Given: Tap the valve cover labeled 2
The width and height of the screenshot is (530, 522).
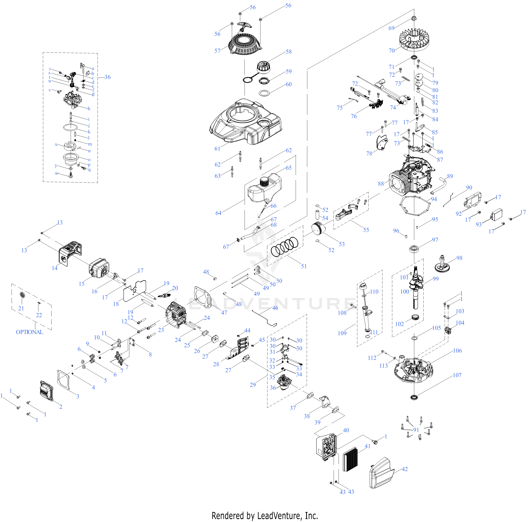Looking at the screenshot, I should pyautogui.click(x=47, y=391).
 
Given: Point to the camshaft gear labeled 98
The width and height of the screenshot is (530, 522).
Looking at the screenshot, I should pyautogui.click(x=442, y=264).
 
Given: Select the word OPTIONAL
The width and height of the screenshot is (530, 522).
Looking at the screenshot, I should pyautogui.click(x=29, y=332).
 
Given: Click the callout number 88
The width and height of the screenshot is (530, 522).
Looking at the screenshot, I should pyautogui.click(x=381, y=184).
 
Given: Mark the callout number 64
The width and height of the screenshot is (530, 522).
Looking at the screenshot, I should pyautogui.click(x=218, y=213).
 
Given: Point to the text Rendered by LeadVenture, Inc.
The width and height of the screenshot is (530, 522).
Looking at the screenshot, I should pyautogui.click(x=265, y=516).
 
